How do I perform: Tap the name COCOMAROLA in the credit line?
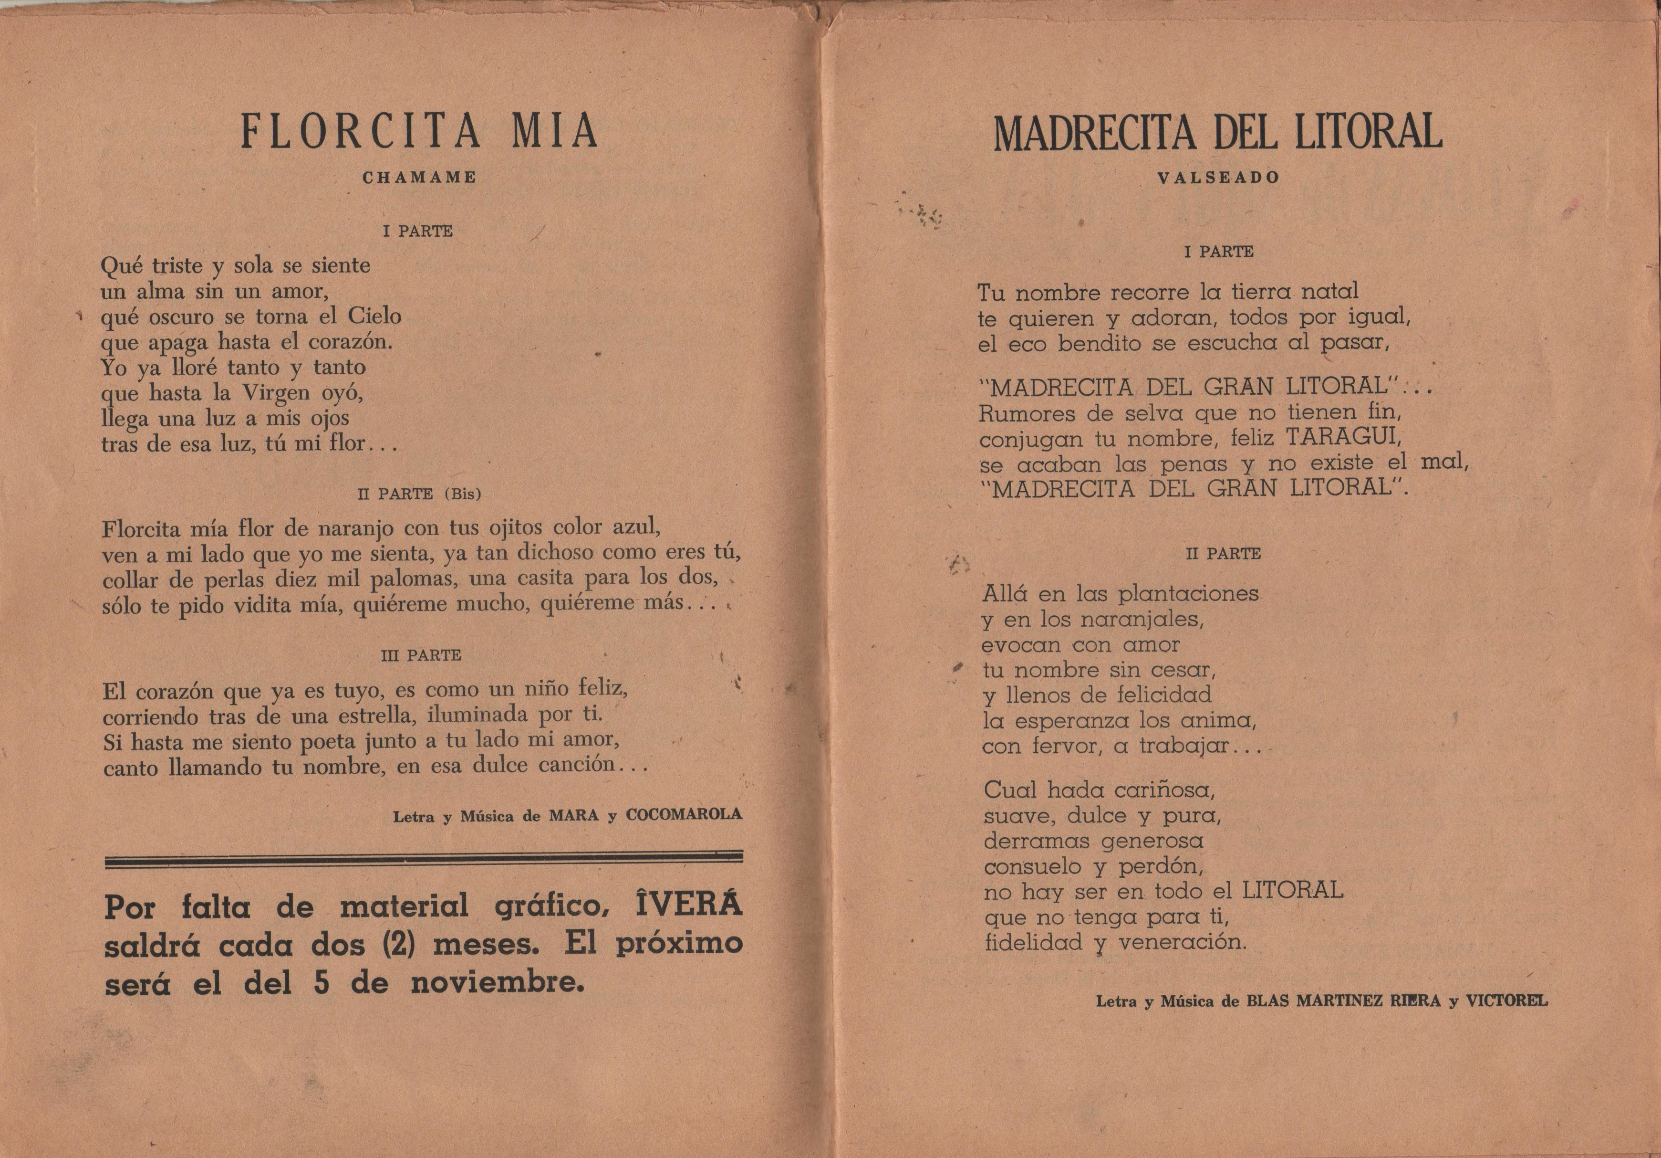(x=684, y=814)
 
